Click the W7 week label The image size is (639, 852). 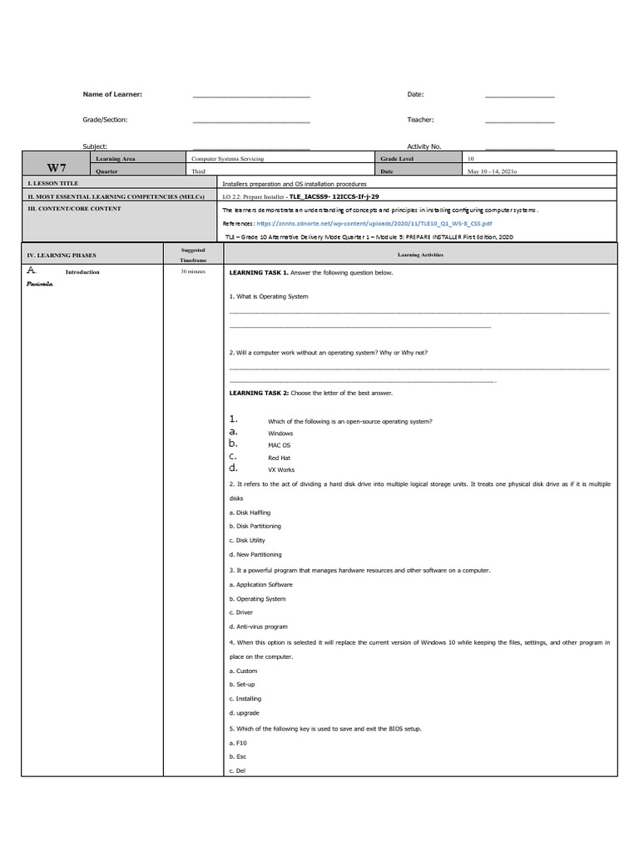coord(57,167)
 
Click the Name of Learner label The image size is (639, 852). coord(112,94)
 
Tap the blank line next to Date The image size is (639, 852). coord(519,97)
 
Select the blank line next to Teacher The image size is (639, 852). coord(519,122)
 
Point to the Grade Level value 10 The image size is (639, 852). coord(471,158)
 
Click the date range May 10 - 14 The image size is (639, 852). coord(493,171)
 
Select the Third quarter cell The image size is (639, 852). coord(198,171)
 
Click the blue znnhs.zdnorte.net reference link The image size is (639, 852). coord(374,224)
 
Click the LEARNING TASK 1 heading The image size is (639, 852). coord(258,273)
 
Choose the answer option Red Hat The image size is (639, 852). coord(279,458)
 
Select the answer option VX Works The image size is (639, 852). coord(280,470)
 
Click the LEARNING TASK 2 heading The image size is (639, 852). coord(258,393)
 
